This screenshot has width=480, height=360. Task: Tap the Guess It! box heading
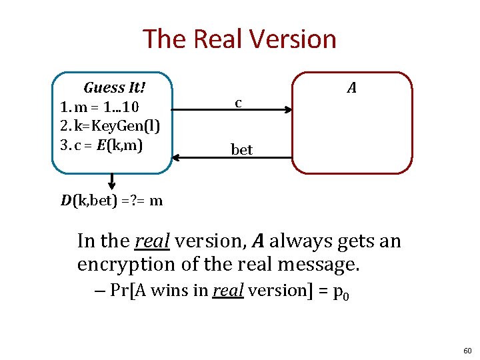[115, 87]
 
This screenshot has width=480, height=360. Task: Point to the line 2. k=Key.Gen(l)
[109, 126]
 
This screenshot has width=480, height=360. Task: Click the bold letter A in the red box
[351, 87]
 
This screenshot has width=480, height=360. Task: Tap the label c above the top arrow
[237, 103]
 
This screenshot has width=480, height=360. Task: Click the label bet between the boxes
[241, 150]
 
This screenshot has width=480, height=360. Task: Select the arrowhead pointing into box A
[289, 110]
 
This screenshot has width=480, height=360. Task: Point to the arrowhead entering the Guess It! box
[176, 157]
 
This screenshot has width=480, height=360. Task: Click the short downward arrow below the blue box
[111, 181]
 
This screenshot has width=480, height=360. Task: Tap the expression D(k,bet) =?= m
[111, 200]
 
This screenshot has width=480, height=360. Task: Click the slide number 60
[467, 350]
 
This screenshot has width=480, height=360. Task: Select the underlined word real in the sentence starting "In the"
[153, 240]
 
